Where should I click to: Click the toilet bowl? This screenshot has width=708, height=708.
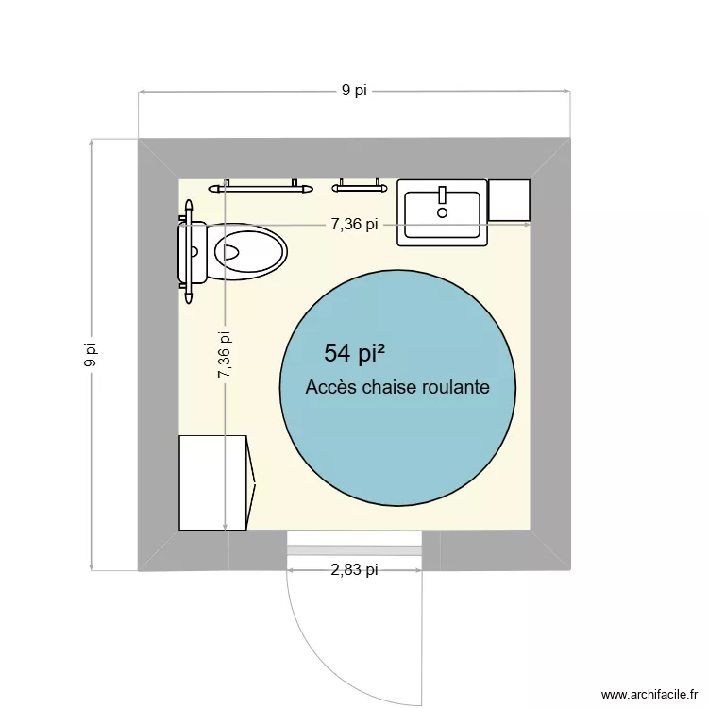(x=251, y=252)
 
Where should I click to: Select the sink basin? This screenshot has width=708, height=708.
(x=442, y=215)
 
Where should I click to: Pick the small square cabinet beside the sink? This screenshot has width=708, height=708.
(x=509, y=200)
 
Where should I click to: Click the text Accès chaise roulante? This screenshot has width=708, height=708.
(x=397, y=387)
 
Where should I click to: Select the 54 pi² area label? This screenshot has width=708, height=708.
(x=354, y=353)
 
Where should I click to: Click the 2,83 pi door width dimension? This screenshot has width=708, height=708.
(x=354, y=569)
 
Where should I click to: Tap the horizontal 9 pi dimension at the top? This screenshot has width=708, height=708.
(x=354, y=91)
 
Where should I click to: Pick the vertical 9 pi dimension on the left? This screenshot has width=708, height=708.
(x=91, y=354)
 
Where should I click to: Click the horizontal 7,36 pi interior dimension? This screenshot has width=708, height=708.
(x=354, y=225)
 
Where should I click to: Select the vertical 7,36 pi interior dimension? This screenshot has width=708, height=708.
(x=225, y=354)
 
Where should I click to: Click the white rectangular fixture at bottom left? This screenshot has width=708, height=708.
(x=214, y=482)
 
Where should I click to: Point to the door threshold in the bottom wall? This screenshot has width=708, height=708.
(x=354, y=550)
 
